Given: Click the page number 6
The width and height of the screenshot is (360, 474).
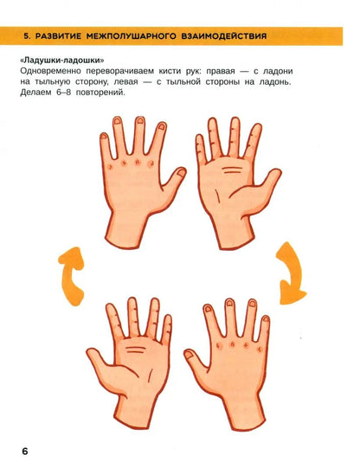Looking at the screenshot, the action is (x=25, y=451).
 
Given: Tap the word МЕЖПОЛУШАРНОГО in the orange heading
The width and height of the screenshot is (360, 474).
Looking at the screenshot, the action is (x=131, y=36).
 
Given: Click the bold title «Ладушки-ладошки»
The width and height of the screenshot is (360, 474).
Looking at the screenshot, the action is (x=62, y=61).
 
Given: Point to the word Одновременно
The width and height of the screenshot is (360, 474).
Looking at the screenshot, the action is (x=51, y=71).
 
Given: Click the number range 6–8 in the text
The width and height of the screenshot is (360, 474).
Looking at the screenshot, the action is (x=63, y=93).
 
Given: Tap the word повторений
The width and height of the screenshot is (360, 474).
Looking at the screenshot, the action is (x=100, y=93).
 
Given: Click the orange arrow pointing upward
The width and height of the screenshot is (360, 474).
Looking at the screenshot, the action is (x=72, y=276).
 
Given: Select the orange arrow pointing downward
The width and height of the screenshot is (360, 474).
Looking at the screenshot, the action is (x=290, y=273).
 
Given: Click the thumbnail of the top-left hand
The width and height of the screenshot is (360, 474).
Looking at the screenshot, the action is (x=181, y=173).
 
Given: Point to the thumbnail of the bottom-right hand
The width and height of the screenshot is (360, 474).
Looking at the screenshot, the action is (x=189, y=354).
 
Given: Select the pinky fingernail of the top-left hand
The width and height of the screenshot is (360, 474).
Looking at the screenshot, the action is (x=104, y=136).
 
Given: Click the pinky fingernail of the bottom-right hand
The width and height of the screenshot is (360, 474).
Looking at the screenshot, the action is (x=266, y=318).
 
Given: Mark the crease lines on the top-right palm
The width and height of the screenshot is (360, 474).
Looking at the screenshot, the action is (x=232, y=170).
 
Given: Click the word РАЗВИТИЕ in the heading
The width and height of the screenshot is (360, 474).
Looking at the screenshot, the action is (x=58, y=36).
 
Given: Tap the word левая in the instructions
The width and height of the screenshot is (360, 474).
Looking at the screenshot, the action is (x=126, y=81).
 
